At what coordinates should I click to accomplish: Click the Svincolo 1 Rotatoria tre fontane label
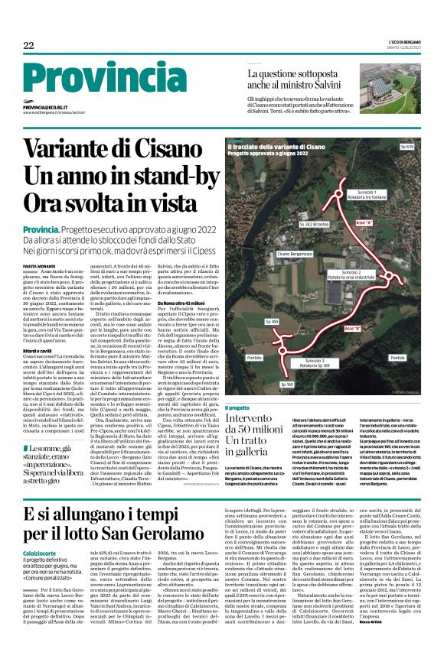[367, 193]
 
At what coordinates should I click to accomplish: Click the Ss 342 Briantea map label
[315, 226]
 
